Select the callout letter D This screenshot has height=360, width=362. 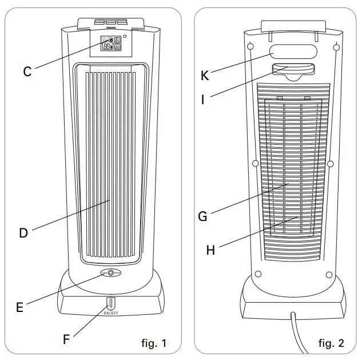point(23,233)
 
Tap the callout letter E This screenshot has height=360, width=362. point(19,307)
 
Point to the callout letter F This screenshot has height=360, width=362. point(66,338)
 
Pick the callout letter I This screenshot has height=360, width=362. point(203,98)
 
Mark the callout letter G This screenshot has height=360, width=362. point(202,216)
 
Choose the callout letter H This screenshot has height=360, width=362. point(210,250)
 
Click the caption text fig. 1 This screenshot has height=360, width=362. point(153,343)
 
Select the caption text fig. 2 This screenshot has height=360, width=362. point(332,343)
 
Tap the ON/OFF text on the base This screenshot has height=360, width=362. point(111,313)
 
